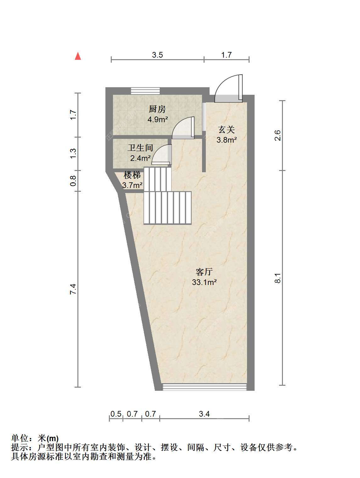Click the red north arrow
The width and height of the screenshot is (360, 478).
pos(78,56)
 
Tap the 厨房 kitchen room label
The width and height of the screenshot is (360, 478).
pos(157,109)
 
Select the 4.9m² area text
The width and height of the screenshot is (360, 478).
pos(157,119)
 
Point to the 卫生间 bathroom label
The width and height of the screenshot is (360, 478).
pos(140,148)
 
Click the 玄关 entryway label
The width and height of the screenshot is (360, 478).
pos(227,130)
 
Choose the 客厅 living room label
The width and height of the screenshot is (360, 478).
pos(204,272)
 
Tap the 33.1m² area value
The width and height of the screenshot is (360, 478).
pos(204,282)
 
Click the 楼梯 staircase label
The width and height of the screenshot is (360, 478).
pos(132,175)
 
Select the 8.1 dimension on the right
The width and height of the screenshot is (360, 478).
pos(278,278)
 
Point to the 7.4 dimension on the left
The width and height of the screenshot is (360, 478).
pos(73,289)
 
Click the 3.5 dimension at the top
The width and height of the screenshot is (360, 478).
pos(157,55)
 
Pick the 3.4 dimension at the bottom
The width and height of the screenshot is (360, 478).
pos(204,414)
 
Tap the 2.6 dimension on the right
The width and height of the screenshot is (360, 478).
pos(278,135)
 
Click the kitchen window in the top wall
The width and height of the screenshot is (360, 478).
pos(145,91)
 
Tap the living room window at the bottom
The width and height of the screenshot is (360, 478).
pos(205,387)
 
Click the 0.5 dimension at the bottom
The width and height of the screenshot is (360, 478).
pos(116,414)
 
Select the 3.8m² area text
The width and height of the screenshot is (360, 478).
pos(227,140)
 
